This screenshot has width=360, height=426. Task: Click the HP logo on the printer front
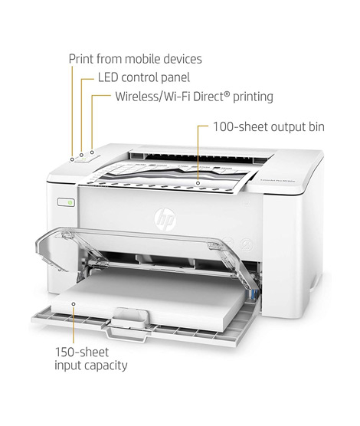coord(165,219)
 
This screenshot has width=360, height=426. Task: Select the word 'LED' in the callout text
coord(108,77)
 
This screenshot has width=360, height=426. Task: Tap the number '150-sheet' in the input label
coord(82,352)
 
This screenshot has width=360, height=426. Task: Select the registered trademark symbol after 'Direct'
coord(226,94)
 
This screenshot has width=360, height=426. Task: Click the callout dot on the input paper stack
coord(74,303)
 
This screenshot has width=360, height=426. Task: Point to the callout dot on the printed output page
coord(198,183)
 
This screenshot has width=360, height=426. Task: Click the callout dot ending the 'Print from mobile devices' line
coord(72,159)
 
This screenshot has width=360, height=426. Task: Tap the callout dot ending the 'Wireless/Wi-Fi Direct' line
coord(92,152)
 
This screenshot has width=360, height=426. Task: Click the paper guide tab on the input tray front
coord(130,318)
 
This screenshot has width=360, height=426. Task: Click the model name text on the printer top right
coord(277,180)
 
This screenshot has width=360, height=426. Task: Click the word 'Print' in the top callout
coord(81,59)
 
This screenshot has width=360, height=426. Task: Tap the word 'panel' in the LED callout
coord(175,78)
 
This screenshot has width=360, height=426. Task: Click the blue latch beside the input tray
coord(254,294)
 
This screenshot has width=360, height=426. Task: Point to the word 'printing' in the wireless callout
coord(253,97)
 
